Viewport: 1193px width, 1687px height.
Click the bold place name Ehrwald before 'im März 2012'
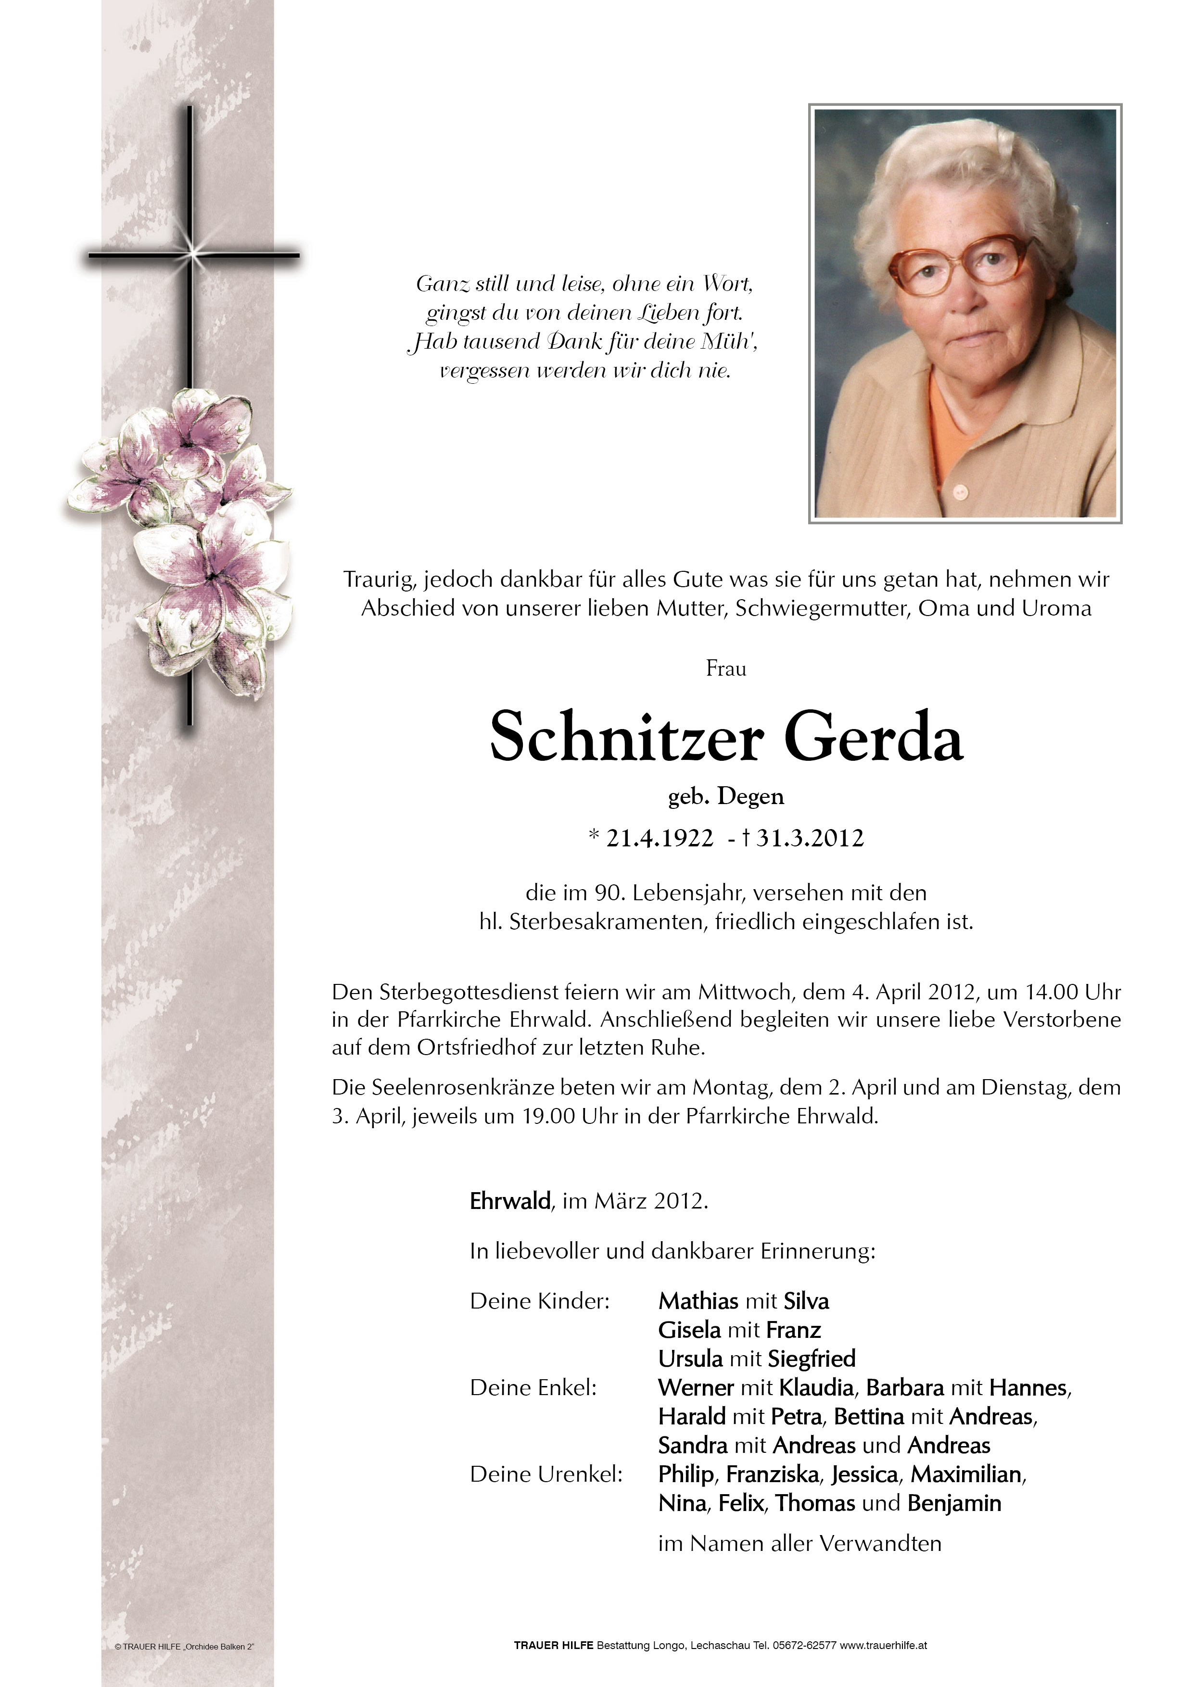pos(510,1201)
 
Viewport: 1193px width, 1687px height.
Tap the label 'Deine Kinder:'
pos(540,1301)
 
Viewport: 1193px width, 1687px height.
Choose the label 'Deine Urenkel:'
pos(546,1474)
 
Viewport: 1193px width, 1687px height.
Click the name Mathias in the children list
pos(698,1301)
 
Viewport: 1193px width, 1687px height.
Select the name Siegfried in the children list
pos(812,1359)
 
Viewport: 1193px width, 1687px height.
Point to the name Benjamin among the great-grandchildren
pos(954,1503)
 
